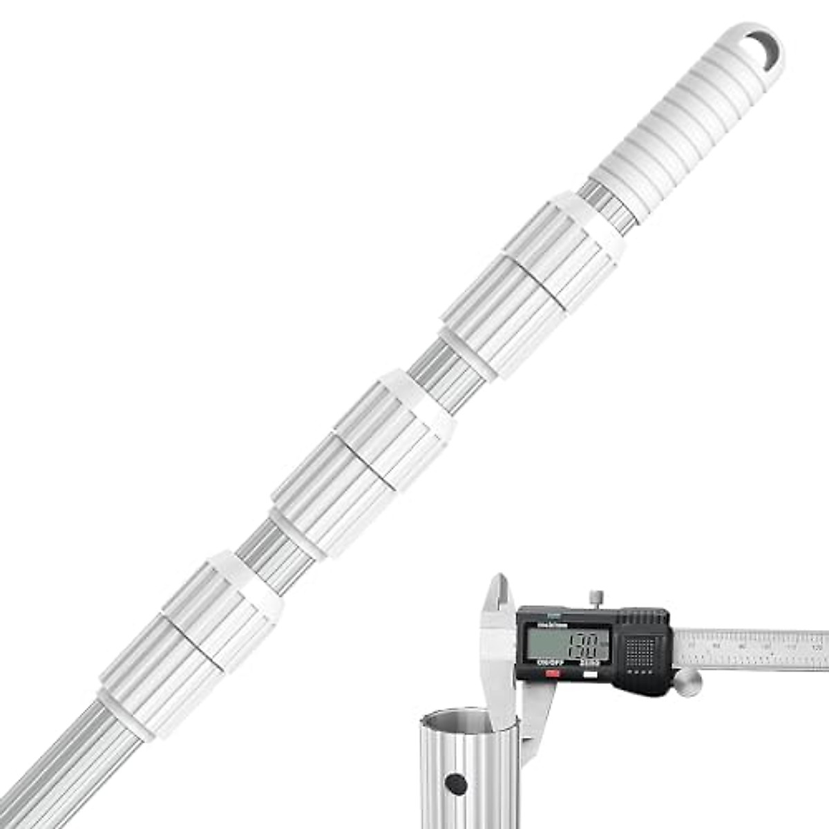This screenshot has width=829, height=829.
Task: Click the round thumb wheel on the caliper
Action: point(688,685)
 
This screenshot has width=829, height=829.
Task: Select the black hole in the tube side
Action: point(455,782)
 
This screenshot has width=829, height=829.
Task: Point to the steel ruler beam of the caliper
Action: point(753,649)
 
